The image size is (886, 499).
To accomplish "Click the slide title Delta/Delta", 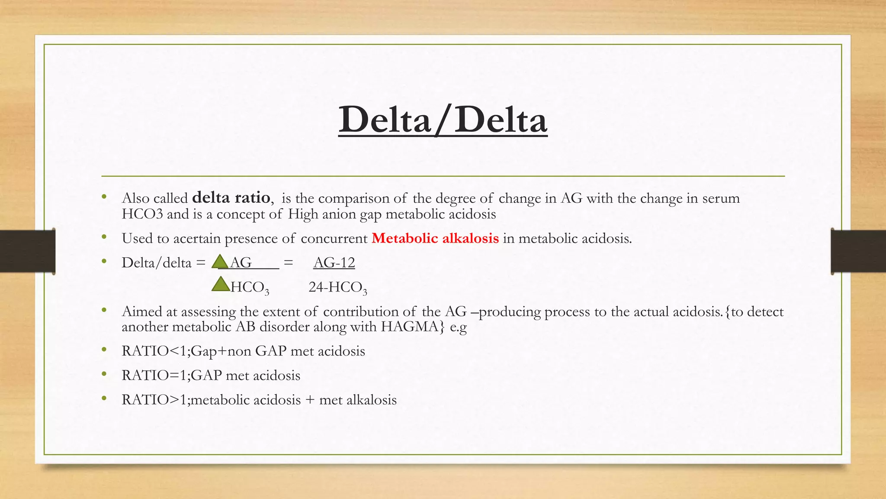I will (x=443, y=120).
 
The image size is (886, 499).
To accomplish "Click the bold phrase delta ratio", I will (x=231, y=198).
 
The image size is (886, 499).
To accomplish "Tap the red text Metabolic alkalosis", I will (x=435, y=238).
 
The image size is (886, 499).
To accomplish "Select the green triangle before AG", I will (x=220, y=262).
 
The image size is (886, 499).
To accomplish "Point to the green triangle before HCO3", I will (x=221, y=285).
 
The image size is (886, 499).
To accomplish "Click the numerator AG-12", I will (x=334, y=262).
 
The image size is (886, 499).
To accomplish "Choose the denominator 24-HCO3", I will (x=337, y=287).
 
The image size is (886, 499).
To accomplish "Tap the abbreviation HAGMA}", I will (x=412, y=326).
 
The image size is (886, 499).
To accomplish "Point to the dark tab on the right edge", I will (x=858, y=251).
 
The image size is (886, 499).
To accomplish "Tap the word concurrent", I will (x=334, y=238).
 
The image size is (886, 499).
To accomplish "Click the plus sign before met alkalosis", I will (x=310, y=400).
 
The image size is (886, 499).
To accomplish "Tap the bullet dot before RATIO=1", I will (x=104, y=374).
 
